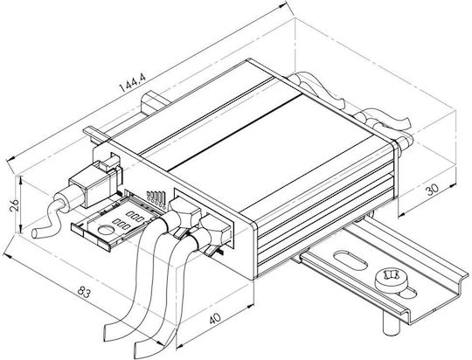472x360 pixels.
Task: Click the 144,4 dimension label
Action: tap(133, 83)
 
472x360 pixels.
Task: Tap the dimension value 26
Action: tap(15, 206)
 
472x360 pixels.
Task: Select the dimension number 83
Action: tap(84, 292)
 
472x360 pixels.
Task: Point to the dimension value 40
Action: tap(215, 318)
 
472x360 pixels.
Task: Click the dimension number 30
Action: tap(432, 190)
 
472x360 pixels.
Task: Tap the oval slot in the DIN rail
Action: tap(351, 259)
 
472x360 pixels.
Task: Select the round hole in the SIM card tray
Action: tap(107, 231)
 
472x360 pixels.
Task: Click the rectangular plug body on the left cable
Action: tap(92, 187)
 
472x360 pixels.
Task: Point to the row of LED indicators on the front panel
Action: tap(156, 198)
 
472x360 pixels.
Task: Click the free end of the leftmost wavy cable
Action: tap(35, 233)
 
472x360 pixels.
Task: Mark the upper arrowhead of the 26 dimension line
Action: tap(20, 180)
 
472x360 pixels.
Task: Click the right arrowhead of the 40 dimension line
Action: tap(250, 306)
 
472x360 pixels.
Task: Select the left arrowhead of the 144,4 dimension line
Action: tap(10, 159)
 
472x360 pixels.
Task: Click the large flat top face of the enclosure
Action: tap(271, 150)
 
